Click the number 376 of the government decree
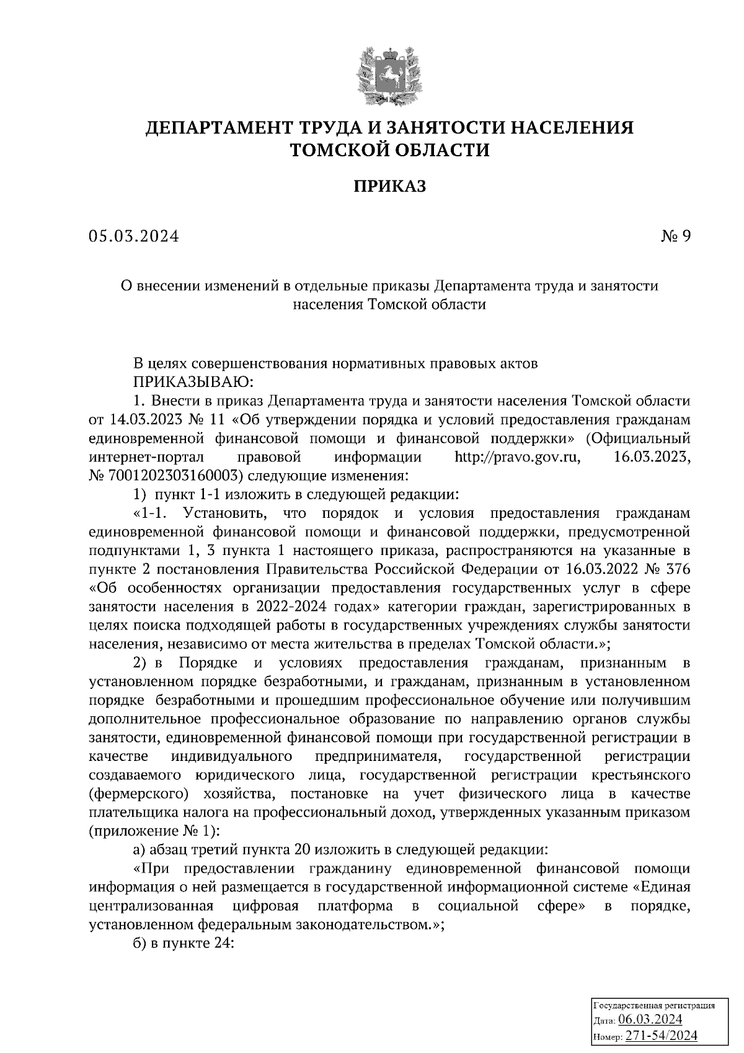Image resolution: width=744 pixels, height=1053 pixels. click(675, 569)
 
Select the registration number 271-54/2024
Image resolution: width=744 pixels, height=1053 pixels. click(662, 1036)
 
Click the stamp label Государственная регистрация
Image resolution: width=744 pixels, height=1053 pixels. click(655, 1004)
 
